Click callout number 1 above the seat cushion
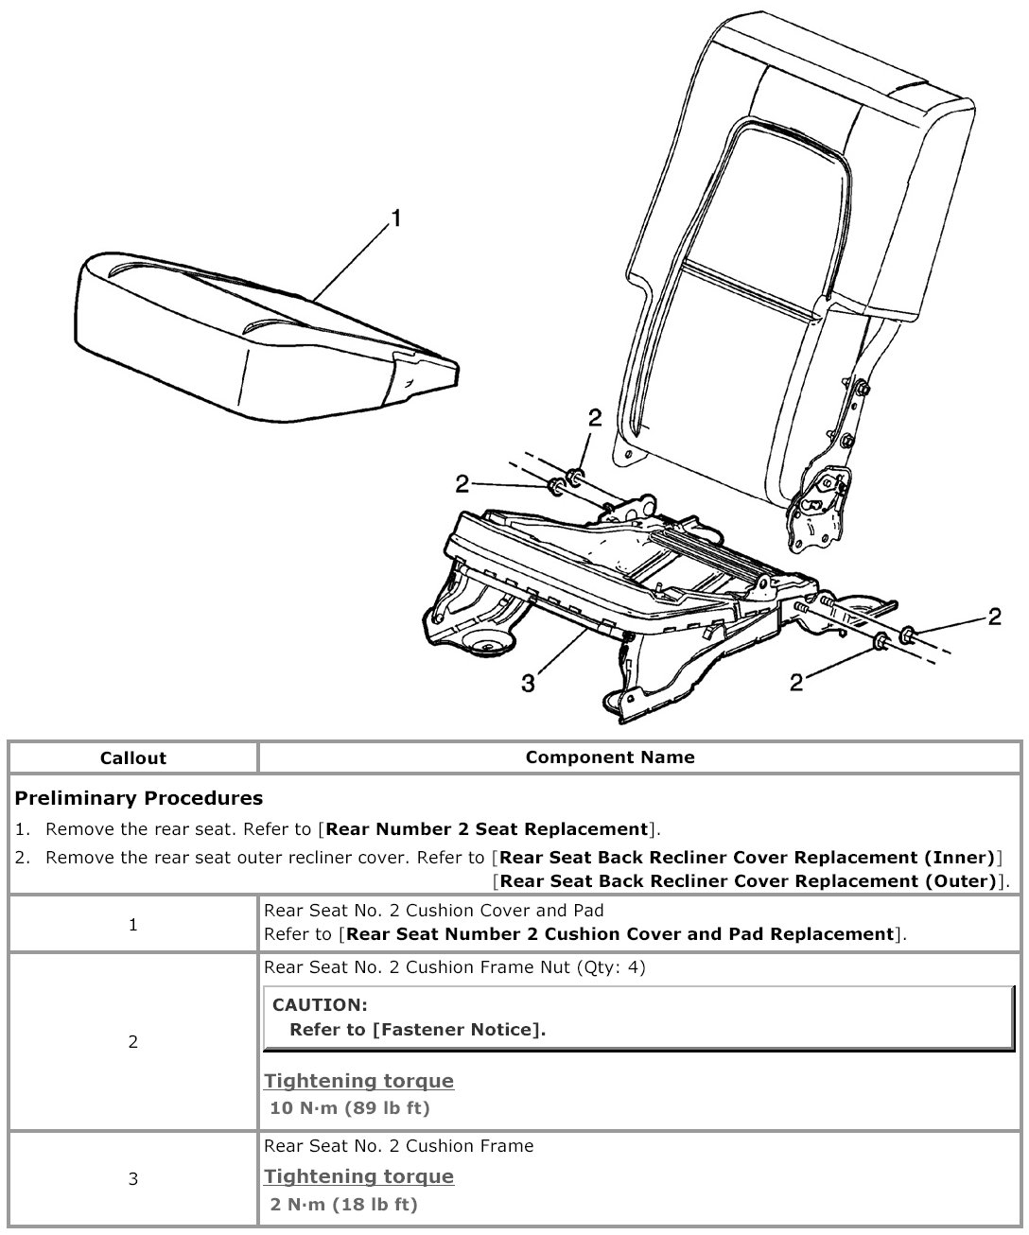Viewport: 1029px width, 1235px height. click(x=396, y=218)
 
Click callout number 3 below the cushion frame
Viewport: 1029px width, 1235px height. click(x=529, y=682)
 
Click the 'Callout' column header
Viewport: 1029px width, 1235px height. click(x=132, y=758)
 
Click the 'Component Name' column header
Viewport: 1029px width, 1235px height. click(x=610, y=757)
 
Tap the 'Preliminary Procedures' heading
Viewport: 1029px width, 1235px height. click(x=139, y=798)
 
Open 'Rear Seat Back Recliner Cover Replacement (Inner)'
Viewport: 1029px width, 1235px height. click(x=747, y=858)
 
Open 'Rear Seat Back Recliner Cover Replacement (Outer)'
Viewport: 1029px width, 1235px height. click(x=747, y=881)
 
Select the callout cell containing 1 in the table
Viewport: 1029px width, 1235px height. click(x=132, y=925)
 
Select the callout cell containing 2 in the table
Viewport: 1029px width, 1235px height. click(x=132, y=1042)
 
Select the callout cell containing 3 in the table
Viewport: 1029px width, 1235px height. click(x=132, y=1178)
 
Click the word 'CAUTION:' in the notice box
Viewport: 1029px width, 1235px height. click(x=320, y=1005)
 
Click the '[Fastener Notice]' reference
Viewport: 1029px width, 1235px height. click(x=459, y=1030)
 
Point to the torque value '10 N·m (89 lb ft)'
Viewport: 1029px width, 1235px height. click(x=350, y=1107)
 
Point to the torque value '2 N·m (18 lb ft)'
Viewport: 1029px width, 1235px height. click(x=343, y=1204)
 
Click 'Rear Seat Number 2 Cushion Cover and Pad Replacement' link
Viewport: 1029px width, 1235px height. click(x=620, y=934)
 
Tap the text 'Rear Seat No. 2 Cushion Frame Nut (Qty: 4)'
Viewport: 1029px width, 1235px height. click(x=455, y=967)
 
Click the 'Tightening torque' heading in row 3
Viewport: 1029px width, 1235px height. click(x=358, y=1176)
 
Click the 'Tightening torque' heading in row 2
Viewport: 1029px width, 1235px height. click(x=358, y=1081)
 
